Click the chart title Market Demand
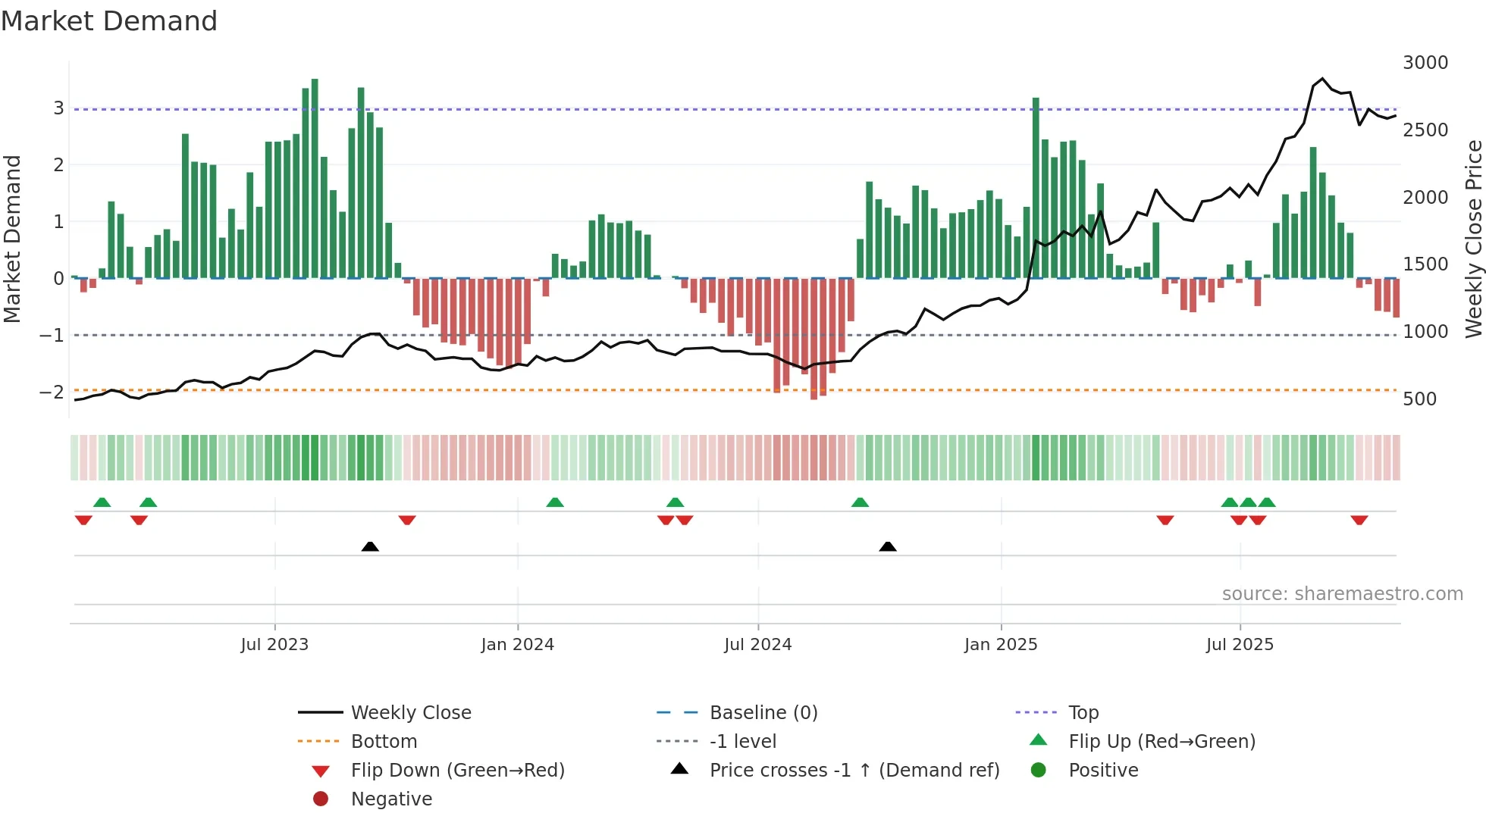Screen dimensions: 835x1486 [x=109, y=21]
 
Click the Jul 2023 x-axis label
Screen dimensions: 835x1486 [x=274, y=645]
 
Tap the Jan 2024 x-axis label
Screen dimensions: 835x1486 [x=517, y=645]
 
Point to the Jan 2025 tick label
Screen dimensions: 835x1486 [x=1000, y=645]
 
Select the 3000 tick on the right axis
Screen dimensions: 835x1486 [x=1425, y=63]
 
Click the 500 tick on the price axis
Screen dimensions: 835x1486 [x=1419, y=399]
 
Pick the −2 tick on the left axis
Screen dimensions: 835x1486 [x=52, y=392]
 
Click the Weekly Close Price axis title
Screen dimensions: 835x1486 [x=1473, y=239]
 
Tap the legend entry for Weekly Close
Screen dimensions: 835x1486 [x=410, y=713]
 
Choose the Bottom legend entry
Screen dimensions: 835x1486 [x=384, y=742]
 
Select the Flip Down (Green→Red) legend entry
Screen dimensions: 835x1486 [x=457, y=771]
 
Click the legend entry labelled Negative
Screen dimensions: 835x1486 [x=391, y=799]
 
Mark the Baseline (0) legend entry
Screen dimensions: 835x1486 [x=763, y=713]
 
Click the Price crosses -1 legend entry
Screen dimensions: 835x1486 [x=854, y=771]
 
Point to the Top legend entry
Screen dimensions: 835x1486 [x=1083, y=713]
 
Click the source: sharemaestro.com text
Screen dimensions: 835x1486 [x=1342, y=594]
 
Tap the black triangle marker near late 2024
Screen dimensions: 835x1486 [x=888, y=546]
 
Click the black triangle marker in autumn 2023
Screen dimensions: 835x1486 [x=370, y=546]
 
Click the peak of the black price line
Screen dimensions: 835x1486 [x=1322, y=79]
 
